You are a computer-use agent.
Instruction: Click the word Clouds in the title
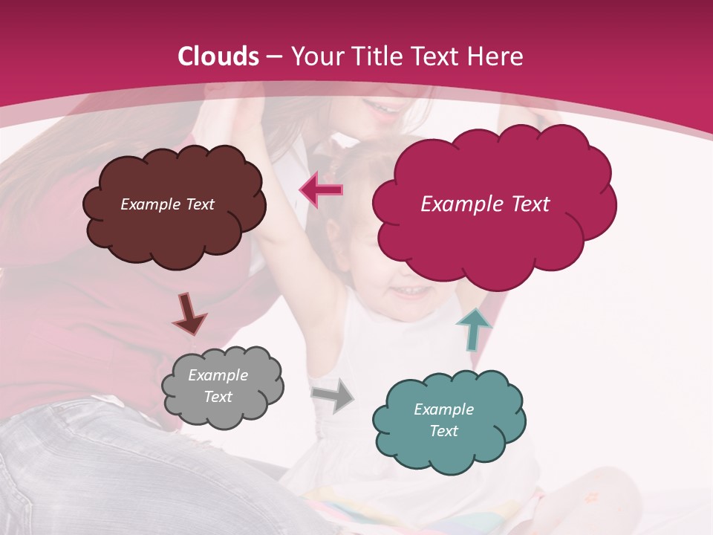click(218, 56)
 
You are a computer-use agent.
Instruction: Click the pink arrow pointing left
click(322, 190)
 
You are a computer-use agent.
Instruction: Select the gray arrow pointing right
click(333, 396)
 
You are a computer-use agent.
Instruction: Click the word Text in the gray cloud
click(218, 397)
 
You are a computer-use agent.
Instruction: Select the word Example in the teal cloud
click(443, 409)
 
